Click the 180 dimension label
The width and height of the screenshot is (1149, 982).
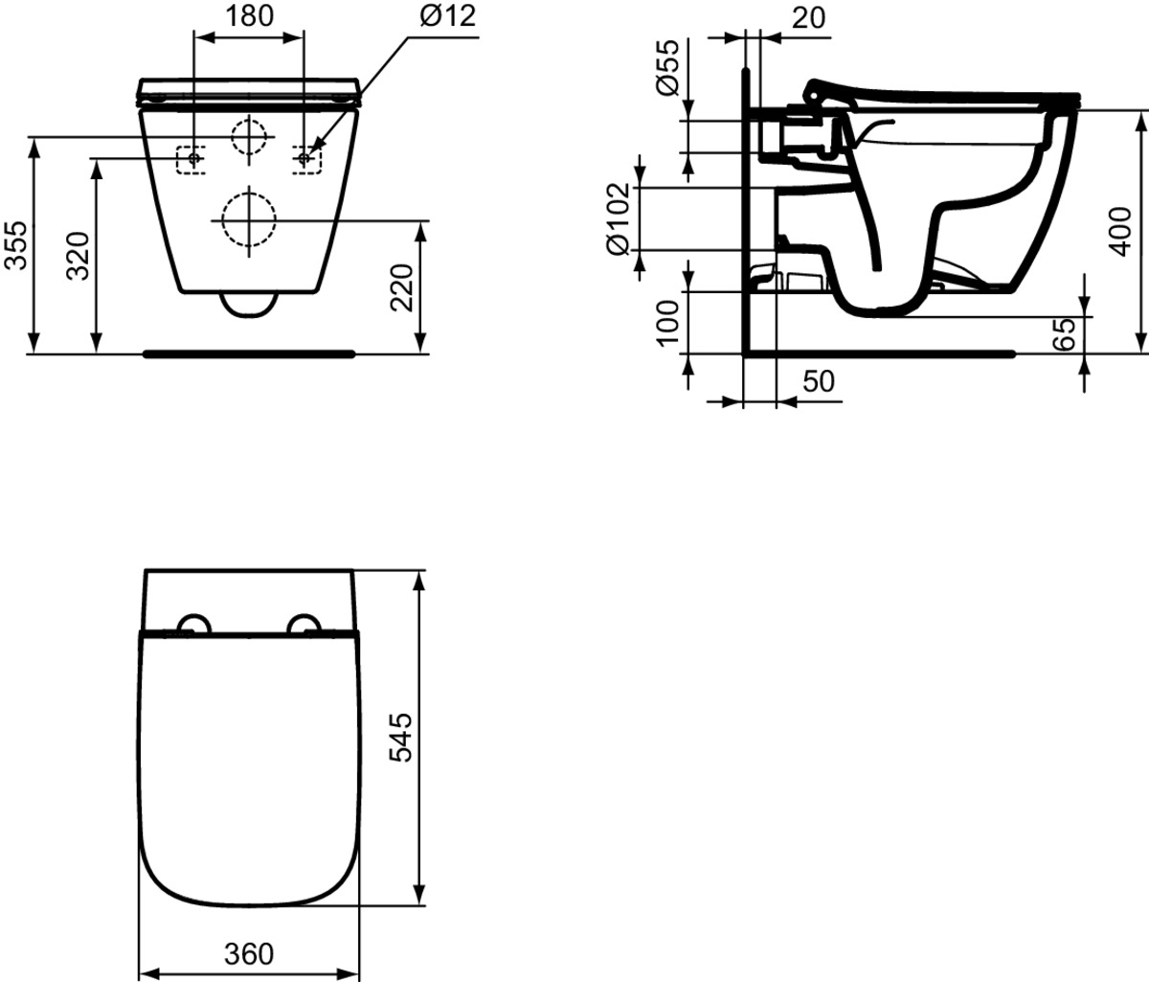coord(249,15)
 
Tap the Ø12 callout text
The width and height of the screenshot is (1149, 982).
coord(447,15)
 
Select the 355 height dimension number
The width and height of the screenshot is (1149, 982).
coord(15,245)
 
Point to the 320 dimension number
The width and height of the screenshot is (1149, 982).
coord(78,256)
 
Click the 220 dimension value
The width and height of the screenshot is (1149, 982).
coord(402,287)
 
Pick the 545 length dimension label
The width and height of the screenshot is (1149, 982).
coord(401,738)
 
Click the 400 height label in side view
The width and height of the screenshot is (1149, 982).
coord(1119,232)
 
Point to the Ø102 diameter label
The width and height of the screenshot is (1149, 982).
coord(619,219)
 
